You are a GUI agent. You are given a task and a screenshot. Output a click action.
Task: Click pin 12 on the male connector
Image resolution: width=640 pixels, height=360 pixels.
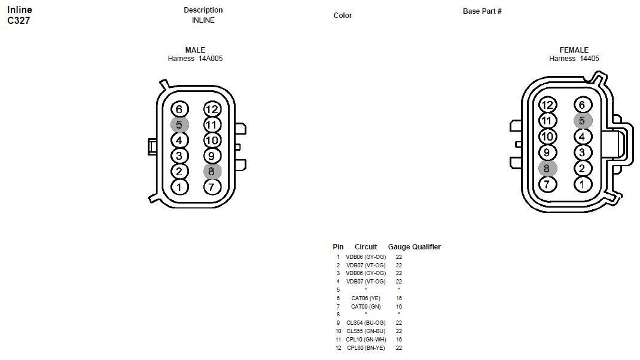click(x=212, y=109)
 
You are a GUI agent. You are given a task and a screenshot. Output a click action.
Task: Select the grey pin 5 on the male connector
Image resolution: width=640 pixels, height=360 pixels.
click(x=179, y=124)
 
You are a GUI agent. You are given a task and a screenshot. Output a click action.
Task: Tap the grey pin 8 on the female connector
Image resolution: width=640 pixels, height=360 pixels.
click(x=547, y=169)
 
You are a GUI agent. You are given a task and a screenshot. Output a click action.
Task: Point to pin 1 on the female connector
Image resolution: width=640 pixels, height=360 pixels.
click(x=582, y=184)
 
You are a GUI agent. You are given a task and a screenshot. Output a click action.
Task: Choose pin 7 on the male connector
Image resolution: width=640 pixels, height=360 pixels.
click(x=212, y=187)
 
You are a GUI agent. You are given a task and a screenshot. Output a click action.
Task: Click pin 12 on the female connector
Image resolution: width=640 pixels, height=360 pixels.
click(x=547, y=105)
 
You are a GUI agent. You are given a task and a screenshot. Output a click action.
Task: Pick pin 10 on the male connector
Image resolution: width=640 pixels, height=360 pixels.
click(x=212, y=140)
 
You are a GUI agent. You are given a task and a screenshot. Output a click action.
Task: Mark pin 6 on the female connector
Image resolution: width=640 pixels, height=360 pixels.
click(x=582, y=105)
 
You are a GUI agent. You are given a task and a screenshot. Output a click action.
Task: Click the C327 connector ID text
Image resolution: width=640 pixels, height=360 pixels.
click(x=19, y=21)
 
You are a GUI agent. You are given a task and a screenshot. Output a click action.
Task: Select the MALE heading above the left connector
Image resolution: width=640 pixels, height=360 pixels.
click(x=195, y=50)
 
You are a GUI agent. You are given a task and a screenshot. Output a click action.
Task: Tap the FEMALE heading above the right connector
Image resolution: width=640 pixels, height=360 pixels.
click(x=574, y=50)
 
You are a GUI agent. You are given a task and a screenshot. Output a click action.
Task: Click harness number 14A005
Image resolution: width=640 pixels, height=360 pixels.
click(x=211, y=59)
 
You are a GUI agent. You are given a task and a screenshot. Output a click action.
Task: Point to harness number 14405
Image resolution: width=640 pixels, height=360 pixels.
click(x=589, y=59)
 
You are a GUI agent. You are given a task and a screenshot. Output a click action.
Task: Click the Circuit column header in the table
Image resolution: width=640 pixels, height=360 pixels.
click(x=365, y=246)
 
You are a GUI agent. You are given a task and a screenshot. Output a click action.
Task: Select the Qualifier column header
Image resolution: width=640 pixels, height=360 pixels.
click(x=426, y=246)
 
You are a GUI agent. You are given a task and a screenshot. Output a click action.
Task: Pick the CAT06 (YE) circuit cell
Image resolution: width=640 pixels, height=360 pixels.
click(x=365, y=298)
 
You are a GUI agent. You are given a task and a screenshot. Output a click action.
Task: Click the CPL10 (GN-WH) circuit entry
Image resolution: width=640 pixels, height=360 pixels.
click(x=365, y=339)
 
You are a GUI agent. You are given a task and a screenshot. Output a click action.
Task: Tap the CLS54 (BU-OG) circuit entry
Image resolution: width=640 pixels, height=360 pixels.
click(x=365, y=323)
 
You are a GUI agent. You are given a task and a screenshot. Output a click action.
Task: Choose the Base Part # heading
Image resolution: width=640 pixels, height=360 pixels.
click(x=482, y=11)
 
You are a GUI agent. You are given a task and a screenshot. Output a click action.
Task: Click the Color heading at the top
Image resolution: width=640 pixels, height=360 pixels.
click(x=343, y=16)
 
